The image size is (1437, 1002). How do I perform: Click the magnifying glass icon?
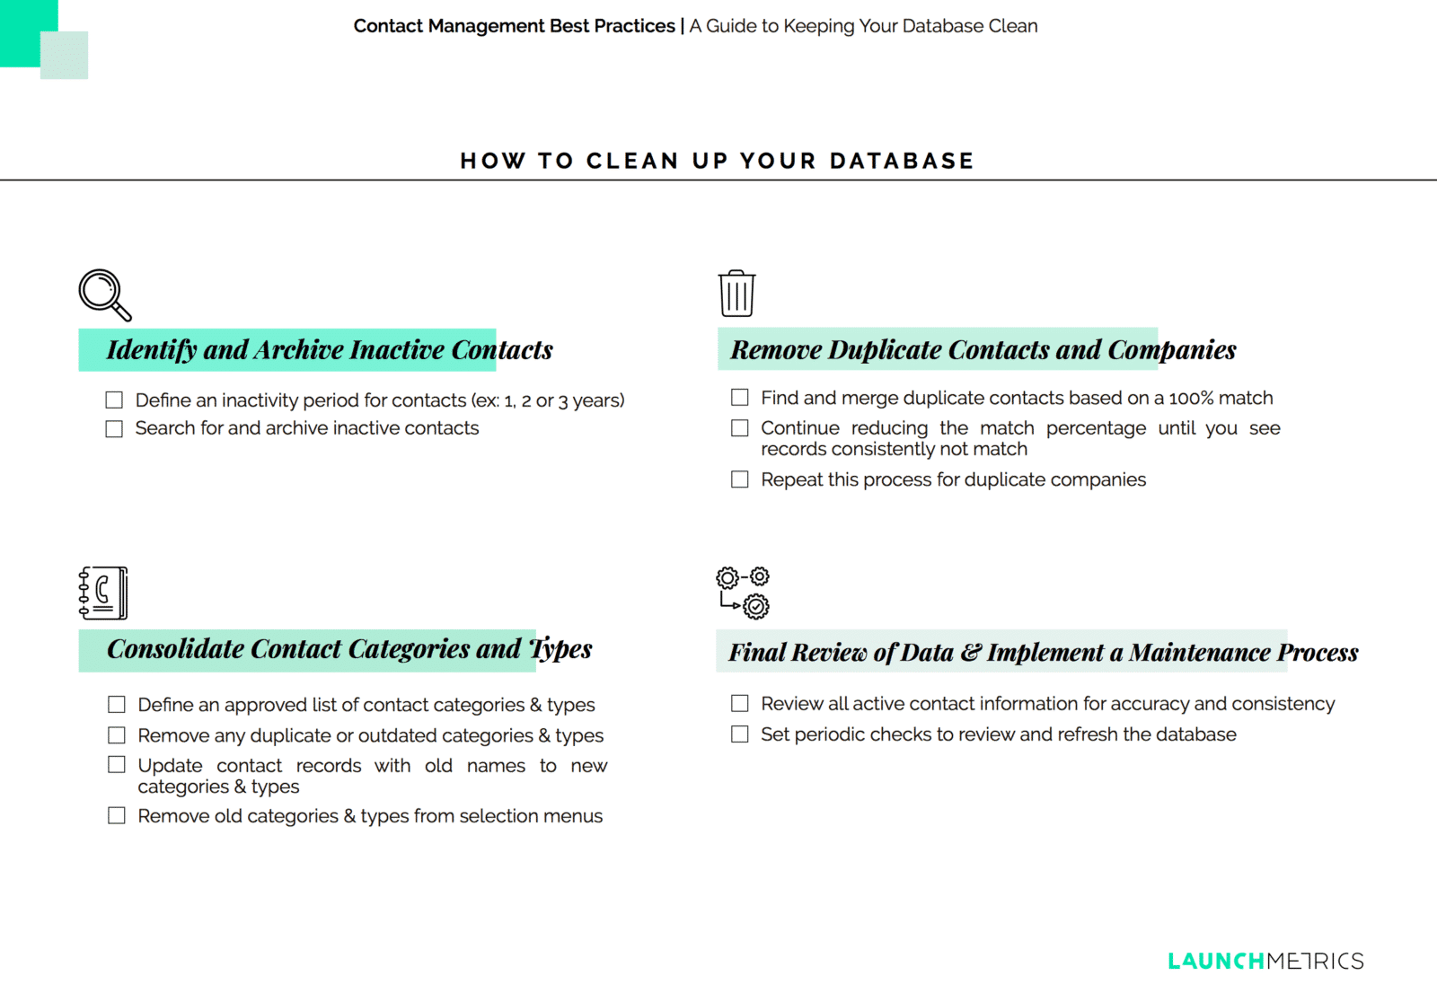click(104, 294)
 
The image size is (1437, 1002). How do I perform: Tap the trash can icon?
click(736, 294)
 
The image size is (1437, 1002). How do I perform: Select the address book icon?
click(103, 593)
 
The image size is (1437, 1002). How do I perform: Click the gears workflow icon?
click(743, 593)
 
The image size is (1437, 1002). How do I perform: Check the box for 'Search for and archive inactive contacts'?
click(114, 429)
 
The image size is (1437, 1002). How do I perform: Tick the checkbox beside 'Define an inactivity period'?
click(114, 400)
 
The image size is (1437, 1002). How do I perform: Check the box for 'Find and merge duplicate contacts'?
click(740, 397)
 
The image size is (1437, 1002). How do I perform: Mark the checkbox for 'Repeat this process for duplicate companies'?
click(740, 479)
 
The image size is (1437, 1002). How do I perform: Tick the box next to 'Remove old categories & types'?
click(117, 815)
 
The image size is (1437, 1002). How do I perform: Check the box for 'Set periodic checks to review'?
click(740, 734)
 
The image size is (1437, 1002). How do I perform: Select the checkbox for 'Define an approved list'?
click(117, 704)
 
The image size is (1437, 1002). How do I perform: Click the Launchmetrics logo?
click(1265, 961)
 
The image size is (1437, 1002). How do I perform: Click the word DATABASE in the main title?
click(902, 161)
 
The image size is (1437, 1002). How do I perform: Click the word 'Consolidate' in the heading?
click(174, 648)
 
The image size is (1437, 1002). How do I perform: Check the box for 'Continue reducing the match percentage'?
click(740, 428)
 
